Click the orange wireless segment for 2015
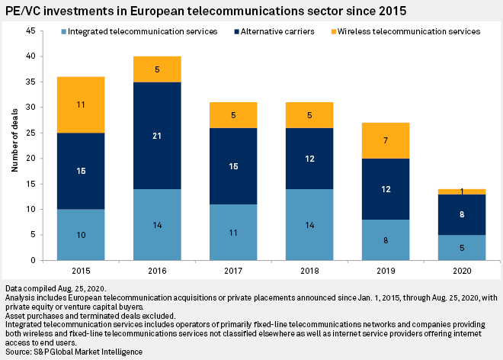coord(80,104)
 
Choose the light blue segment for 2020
coord(462,247)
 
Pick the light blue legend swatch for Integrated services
coord(62,31)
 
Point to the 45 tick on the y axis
coord(30,31)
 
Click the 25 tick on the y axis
coord(30,133)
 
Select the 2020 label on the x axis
coord(462,272)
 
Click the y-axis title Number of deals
coord(14,145)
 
